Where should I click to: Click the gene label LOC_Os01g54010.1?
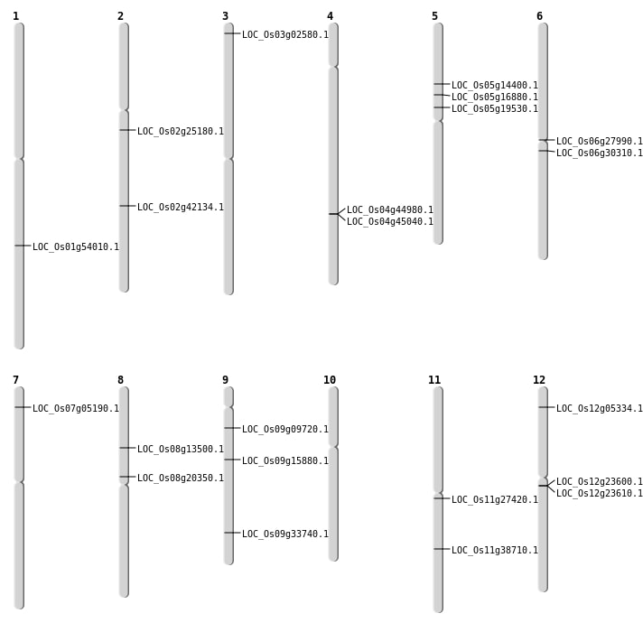click(76, 246)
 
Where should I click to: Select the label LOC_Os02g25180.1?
click(181, 131)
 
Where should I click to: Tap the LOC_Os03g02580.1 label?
click(285, 34)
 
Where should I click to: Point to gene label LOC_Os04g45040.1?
click(390, 222)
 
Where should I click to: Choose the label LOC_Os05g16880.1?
click(495, 98)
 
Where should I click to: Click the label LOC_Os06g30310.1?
click(600, 153)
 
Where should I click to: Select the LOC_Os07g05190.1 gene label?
click(76, 408)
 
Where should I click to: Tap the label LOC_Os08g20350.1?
click(181, 478)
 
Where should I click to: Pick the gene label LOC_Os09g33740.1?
click(285, 534)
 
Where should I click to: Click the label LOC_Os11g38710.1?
click(495, 550)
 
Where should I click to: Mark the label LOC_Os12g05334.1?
click(600, 408)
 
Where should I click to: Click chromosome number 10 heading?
click(330, 380)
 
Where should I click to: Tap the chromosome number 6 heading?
click(539, 16)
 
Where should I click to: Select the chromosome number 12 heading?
click(539, 380)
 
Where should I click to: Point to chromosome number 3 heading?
click(225, 16)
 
